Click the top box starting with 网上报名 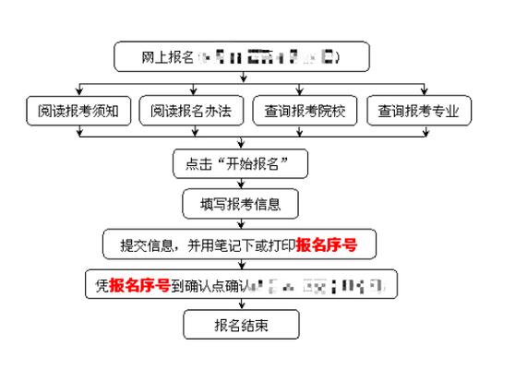[241, 57]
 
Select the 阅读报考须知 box [79, 112]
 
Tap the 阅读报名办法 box [192, 112]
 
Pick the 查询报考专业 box [419, 112]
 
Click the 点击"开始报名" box [240, 164]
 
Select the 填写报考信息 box [240, 204]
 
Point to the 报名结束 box [240, 324]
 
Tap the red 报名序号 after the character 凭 [139, 285]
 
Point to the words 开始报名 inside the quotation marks [250, 164]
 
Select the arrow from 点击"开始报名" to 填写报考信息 [240, 184]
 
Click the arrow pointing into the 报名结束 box [240, 305]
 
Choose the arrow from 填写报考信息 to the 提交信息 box [240, 224]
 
